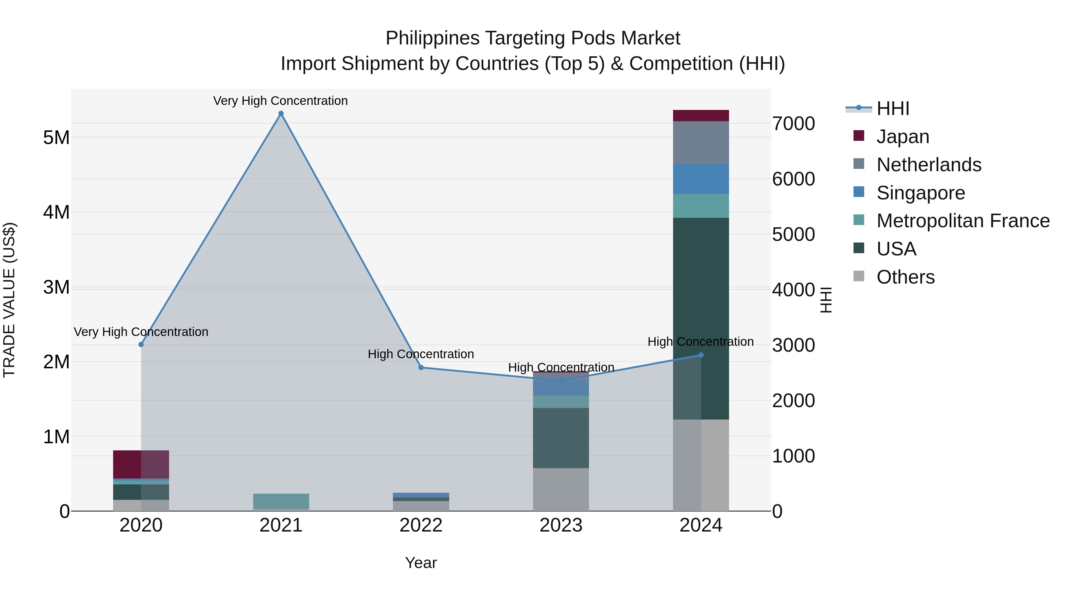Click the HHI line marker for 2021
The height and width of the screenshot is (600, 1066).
pos(281,113)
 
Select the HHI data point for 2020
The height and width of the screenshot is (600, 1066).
pos(141,345)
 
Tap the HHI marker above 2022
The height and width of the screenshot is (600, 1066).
pos(421,367)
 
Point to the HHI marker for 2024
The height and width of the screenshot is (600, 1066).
pos(701,355)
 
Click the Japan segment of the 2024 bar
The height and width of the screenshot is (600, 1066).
pos(701,116)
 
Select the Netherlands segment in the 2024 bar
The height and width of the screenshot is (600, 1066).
pos(701,143)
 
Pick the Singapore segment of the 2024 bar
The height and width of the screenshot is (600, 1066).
pos(701,179)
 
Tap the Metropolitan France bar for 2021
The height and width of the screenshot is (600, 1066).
pos(281,501)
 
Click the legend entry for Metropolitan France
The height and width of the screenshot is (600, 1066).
pos(963,221)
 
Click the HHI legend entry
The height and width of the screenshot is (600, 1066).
pos(892,108)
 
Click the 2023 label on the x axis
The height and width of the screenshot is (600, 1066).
pos(561,525)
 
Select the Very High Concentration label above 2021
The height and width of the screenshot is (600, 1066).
pos(281,101)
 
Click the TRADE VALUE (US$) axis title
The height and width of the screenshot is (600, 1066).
pos(9,300)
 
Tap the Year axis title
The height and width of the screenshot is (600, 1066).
pos(421,563)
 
